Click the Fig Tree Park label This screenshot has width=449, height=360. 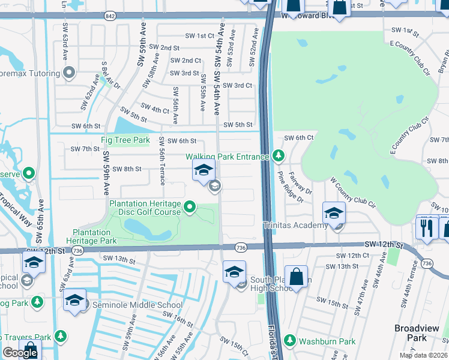click(125, 140)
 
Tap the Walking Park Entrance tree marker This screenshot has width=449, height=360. click(277, 156)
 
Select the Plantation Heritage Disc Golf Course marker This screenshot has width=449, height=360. click(190, 208)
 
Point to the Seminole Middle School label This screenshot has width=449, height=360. click(136, 305)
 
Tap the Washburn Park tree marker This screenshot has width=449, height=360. click(290, 341)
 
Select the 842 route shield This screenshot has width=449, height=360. click(109, 16)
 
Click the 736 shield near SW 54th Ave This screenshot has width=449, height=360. click(241, 247)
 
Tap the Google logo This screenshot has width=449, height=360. click(20, 353)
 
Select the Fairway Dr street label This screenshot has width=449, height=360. click(305, 183)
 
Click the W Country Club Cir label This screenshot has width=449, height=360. click(352, 191)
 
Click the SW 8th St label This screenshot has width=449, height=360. click(127, 169)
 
